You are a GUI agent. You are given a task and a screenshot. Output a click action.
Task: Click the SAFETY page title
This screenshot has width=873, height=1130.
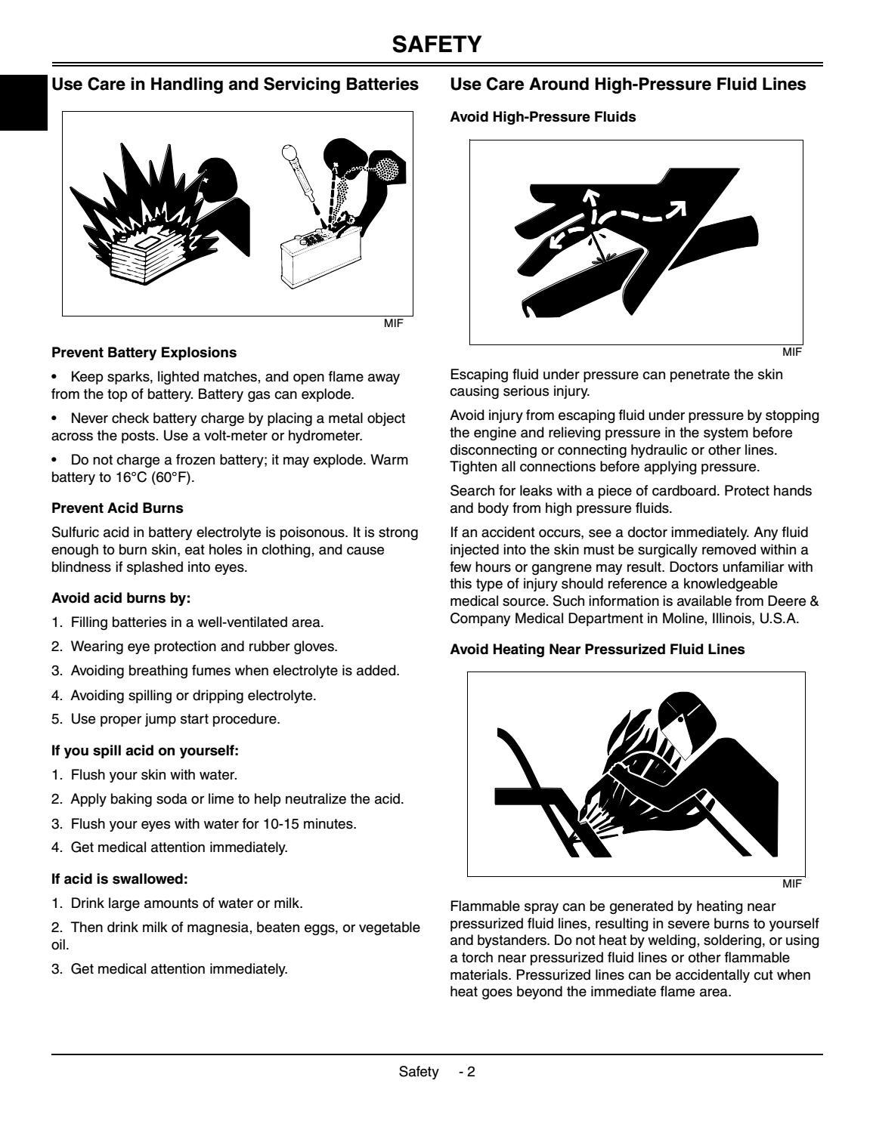(x=436, y=45)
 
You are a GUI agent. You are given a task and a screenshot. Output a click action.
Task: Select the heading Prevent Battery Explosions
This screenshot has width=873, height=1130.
(x=144, y=353)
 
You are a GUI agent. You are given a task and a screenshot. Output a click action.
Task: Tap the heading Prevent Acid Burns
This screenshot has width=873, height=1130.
(x=117, y=508)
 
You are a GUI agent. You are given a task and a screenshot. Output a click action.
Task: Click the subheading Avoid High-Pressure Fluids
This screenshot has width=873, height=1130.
(x=543, y=117)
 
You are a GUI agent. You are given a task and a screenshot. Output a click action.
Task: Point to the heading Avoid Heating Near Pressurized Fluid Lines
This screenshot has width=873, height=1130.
(x=597, y=650)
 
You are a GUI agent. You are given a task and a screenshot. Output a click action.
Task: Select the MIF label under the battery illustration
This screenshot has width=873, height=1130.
(x=395, y=323)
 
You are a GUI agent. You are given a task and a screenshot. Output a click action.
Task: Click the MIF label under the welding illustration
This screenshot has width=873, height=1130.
(x=791, y=883)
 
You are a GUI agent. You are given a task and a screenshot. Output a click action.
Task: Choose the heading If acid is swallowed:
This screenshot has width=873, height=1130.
(x=119, y=879)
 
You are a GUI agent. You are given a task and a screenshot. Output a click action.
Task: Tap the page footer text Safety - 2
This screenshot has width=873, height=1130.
(x=437, y=1072)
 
